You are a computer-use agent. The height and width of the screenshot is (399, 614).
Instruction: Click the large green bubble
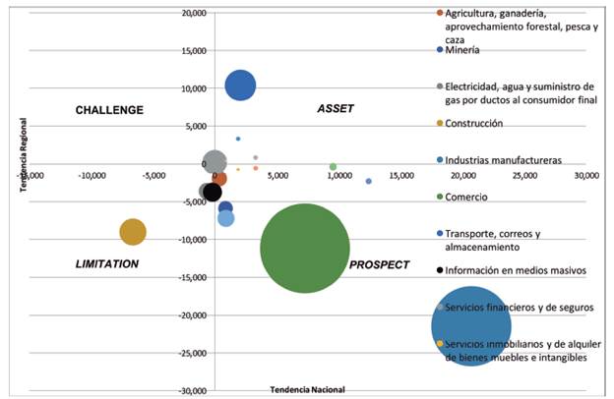coord(305,248)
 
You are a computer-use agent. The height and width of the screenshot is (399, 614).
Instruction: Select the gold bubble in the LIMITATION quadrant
coord(133,232)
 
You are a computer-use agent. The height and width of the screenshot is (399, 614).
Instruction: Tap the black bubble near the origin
coord(213,192)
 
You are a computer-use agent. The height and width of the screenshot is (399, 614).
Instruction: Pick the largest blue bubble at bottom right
coord(471,325)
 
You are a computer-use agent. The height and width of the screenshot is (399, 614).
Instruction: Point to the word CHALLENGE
coord(110,110)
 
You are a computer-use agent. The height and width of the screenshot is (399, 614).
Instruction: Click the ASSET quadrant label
coord(335,108)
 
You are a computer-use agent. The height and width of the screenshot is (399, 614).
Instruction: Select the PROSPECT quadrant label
coord(379,265)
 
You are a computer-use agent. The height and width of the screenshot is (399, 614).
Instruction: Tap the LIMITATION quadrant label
coord(107,264)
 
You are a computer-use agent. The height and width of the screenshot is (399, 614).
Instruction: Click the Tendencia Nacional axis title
coord(307,390)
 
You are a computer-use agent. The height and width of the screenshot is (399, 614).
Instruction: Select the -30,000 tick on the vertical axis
coord(190,390)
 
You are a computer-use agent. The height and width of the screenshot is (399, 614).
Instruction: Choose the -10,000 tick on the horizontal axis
coord(92,176)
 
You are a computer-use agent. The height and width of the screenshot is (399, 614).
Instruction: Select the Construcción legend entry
coord(473,123)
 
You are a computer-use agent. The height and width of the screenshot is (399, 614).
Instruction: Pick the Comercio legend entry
coord(466,197)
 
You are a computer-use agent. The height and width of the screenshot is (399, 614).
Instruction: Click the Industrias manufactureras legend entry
coord(503,160)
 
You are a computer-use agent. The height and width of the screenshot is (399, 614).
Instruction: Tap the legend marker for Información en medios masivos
coord(439,270)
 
